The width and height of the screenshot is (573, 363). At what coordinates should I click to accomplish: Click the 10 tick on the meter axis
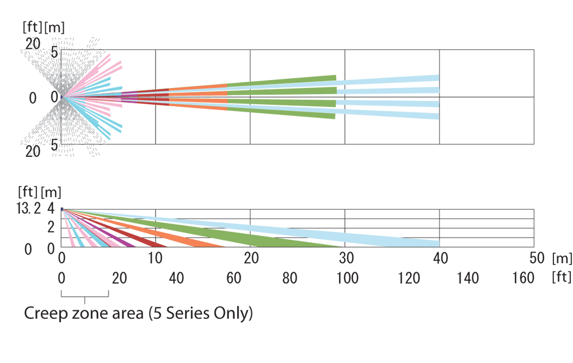click(x=156, y=258)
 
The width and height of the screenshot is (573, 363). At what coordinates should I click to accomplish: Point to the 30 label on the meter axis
click(x=346, y=258)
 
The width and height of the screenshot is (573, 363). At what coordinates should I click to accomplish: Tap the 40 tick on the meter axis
click(x=441, y=258)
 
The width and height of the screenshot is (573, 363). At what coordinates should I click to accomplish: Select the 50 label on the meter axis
click(x=536, y=258)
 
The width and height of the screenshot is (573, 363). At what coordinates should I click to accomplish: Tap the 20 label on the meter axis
click(x=251, y=258)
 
